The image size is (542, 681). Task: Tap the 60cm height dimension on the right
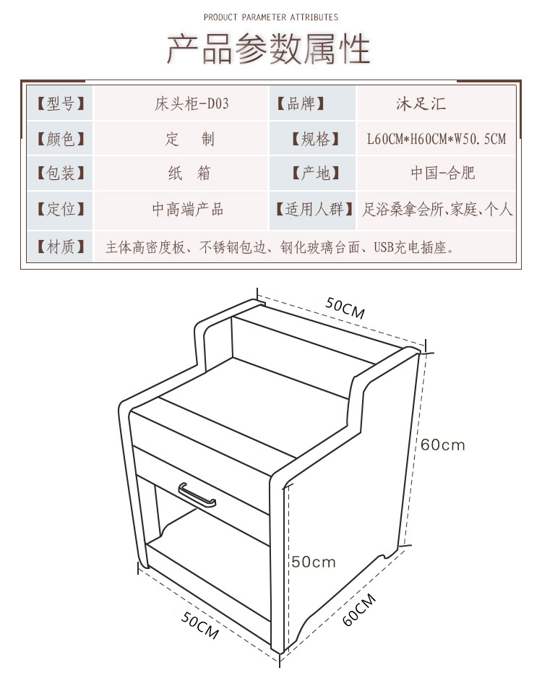pos(443,445)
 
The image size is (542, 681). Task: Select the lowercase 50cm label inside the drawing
pos(314,562)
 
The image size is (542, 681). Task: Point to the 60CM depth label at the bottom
pos(359,609)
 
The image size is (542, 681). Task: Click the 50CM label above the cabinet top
pos(345,309)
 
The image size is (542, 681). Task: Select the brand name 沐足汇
pos(421,103)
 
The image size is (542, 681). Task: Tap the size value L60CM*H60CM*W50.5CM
pos(436,139)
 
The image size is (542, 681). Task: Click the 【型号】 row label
pos(61,103)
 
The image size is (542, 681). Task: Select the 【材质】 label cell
pos(61,247)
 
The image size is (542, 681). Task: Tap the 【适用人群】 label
pos(316,210)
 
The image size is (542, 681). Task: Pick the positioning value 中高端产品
pos(188,210)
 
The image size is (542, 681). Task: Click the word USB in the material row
pos(384,248)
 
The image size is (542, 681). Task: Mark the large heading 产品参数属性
pos(269,49)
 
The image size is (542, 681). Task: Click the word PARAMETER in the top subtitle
pos(262,17)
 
